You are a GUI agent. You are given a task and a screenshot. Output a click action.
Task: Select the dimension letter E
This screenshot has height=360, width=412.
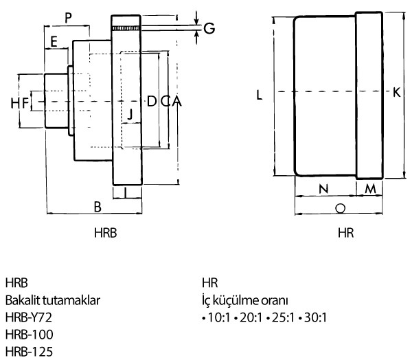[x=53, y=42]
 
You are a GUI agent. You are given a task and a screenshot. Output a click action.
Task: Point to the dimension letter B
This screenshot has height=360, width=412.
[x=98, y=205]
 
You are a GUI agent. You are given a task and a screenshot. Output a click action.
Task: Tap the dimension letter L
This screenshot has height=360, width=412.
[x=260, y=96]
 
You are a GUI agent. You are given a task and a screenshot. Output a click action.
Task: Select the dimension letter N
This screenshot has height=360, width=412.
[x=324, y=188]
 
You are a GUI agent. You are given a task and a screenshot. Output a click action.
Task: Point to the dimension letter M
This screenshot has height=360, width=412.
[x=369, y=188]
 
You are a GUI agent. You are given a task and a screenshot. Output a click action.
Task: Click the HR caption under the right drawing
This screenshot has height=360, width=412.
[x=345, y=233]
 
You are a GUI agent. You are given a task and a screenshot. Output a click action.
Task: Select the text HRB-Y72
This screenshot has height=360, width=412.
[x=28, y=317]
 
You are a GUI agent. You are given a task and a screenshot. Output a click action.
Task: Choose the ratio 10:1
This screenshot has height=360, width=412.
[x=216, y=317]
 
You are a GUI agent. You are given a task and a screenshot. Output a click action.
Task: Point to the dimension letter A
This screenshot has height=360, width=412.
[x=176, y=102]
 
